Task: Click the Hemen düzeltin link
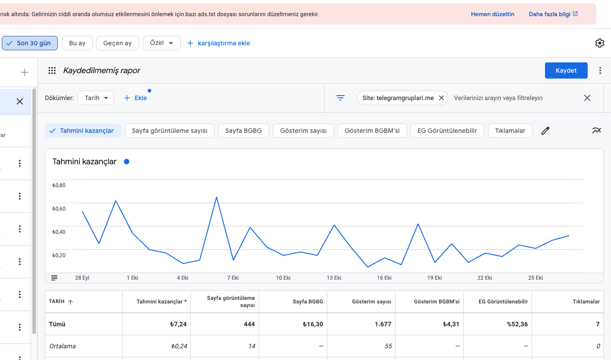coord(492,14)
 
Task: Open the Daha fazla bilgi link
coord(553,14)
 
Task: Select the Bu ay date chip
coord(77,43)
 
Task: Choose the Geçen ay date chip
coord(117,43)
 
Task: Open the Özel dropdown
coord(162,43)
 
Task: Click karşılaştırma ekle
coord(219,43)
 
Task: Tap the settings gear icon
coord(599,43)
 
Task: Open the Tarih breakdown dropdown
coord(96,98)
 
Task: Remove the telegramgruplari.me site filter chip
coord(441,98)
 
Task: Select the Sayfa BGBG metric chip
coord(244,131)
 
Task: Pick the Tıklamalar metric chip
coord(510,131)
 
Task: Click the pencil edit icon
coord(545,131)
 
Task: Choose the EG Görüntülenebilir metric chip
coord(447,131)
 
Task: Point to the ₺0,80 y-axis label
coord(59,185)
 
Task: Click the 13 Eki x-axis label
coord(334,278)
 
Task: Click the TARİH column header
coord(57,301)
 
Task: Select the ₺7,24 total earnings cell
coord(178,324)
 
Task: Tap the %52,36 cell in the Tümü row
coord(517,324)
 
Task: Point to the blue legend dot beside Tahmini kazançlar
coord(127,162)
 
